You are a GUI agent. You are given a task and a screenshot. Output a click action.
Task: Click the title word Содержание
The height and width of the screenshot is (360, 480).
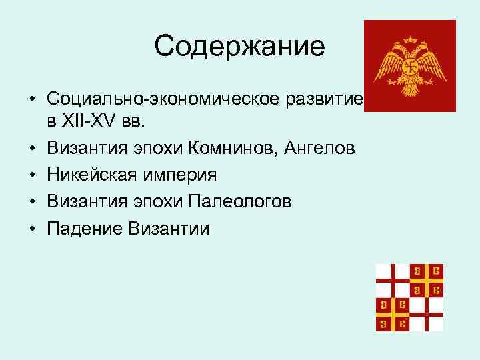tap(239, 46)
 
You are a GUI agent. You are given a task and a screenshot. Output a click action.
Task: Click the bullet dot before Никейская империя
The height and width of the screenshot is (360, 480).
tap(32, 176)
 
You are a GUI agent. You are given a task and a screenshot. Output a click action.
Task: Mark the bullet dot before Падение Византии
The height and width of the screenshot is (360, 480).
tap(32, 229)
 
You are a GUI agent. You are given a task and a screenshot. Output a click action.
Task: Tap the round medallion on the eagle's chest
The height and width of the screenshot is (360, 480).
tap(410, 67)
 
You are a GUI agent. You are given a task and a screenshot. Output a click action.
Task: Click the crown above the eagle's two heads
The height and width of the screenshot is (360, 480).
tap(410, 41)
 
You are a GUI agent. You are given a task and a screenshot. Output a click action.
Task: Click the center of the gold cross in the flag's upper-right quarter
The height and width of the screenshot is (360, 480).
tap(427, 281)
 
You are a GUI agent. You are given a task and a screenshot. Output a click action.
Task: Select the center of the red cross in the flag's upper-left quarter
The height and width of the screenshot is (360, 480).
tap(393, 281)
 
